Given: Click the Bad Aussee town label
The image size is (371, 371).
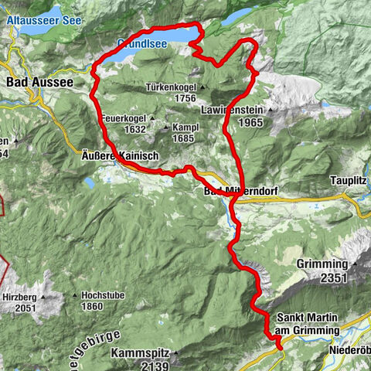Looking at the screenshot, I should point(39,81).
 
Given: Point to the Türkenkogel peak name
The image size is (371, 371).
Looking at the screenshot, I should point(173,88).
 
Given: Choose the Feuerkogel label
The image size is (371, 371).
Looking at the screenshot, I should point(124,118).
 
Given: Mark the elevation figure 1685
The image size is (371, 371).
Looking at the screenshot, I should point(182,138).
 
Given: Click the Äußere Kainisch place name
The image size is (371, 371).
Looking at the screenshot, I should point(120,155).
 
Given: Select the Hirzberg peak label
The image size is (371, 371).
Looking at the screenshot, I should point(21,296).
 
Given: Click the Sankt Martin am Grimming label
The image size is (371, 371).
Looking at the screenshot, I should point(307,323).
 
